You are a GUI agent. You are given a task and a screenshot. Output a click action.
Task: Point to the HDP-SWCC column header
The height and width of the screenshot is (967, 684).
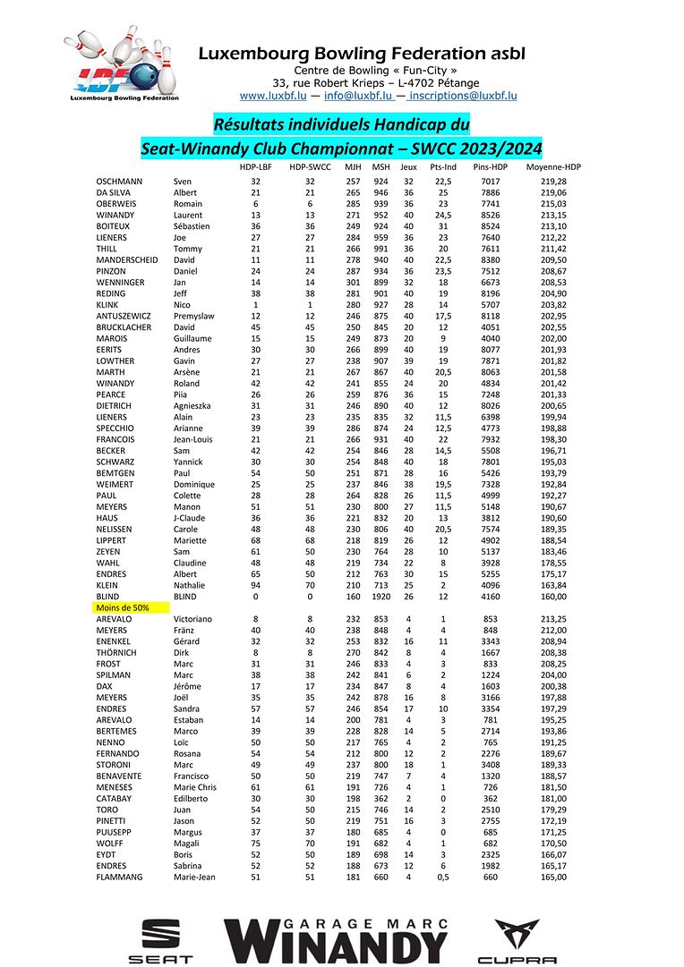click(x=310, y=167)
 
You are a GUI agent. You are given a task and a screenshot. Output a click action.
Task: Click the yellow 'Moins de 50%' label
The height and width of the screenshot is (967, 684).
click(x=122, y=607)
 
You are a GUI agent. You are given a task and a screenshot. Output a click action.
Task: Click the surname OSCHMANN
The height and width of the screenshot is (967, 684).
click(x=121, y=182)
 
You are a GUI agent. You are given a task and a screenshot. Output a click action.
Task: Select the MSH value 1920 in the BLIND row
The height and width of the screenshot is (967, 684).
click(x=380, y=596)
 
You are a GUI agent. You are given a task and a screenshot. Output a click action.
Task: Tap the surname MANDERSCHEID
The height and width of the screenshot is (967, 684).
click(x=127, y=260)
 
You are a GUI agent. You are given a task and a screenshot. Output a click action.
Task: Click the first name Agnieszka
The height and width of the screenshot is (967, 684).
click(x=196, y=405)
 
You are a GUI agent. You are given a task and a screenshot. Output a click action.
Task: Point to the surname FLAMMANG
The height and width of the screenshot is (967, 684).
click(x=120, y=877)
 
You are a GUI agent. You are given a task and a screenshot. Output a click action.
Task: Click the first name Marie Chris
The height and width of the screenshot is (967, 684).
click(x=197, y=787)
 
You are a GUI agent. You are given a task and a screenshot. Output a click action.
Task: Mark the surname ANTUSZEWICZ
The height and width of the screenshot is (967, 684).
click(x=125, y=316)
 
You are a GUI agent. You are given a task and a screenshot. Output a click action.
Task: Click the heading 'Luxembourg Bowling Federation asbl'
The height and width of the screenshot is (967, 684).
click(x=362, y=54)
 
